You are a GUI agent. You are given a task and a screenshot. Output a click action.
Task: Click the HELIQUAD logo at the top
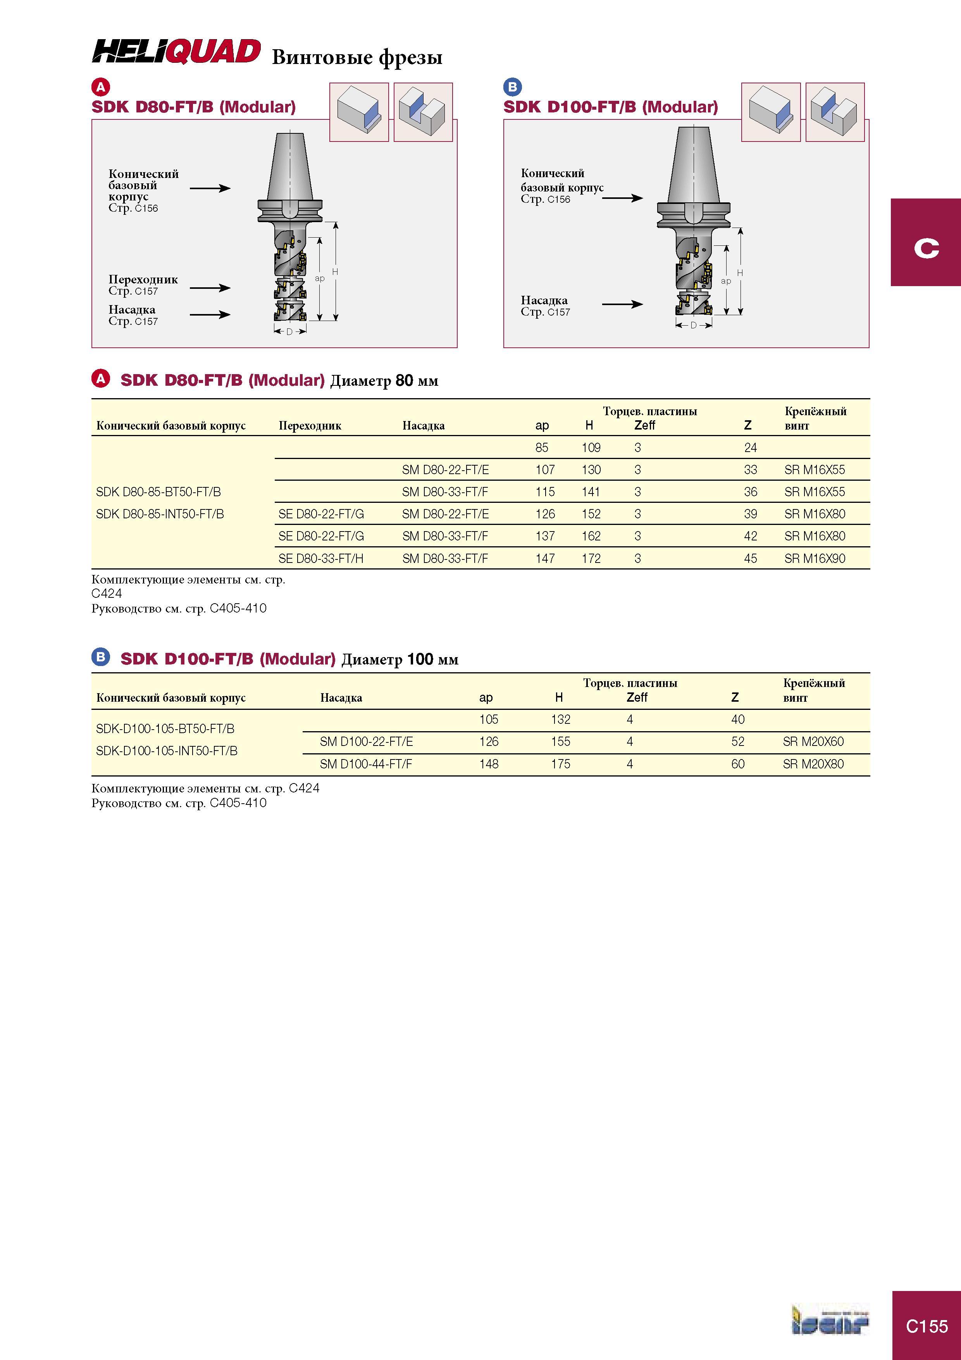click(176, 52)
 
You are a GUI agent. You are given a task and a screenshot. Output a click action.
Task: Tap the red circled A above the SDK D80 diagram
click(101, 87)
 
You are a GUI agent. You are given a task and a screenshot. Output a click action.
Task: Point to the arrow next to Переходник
click(210, 288)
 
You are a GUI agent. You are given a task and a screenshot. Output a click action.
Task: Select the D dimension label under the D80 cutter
click(289, 332)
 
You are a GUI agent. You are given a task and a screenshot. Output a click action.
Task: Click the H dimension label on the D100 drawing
click(740, 273)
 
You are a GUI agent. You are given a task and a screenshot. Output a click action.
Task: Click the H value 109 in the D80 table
click(591, 448)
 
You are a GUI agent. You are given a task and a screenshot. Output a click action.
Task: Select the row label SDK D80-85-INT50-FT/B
click(160, 514)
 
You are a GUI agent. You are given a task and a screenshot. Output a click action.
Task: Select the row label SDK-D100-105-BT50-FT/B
click(165, 728)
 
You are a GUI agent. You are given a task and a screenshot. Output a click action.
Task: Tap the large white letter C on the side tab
click(926, 248)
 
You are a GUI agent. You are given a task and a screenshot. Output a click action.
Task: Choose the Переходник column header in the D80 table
click(310, 425)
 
